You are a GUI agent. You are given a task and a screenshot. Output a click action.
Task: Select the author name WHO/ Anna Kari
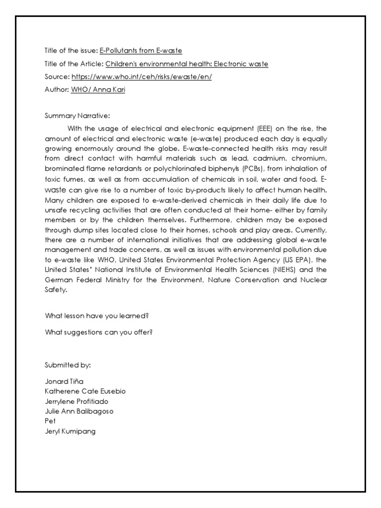point(98,90)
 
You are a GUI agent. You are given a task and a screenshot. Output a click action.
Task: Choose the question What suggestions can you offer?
point(99,332)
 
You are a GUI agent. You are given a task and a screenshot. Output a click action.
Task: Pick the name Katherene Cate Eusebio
point(85,391)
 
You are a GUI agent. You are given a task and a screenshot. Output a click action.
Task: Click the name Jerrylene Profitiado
point(76,401)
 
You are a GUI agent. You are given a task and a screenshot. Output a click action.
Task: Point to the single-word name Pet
point(50,421)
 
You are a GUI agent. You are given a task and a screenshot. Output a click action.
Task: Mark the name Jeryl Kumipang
point(70,431)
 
